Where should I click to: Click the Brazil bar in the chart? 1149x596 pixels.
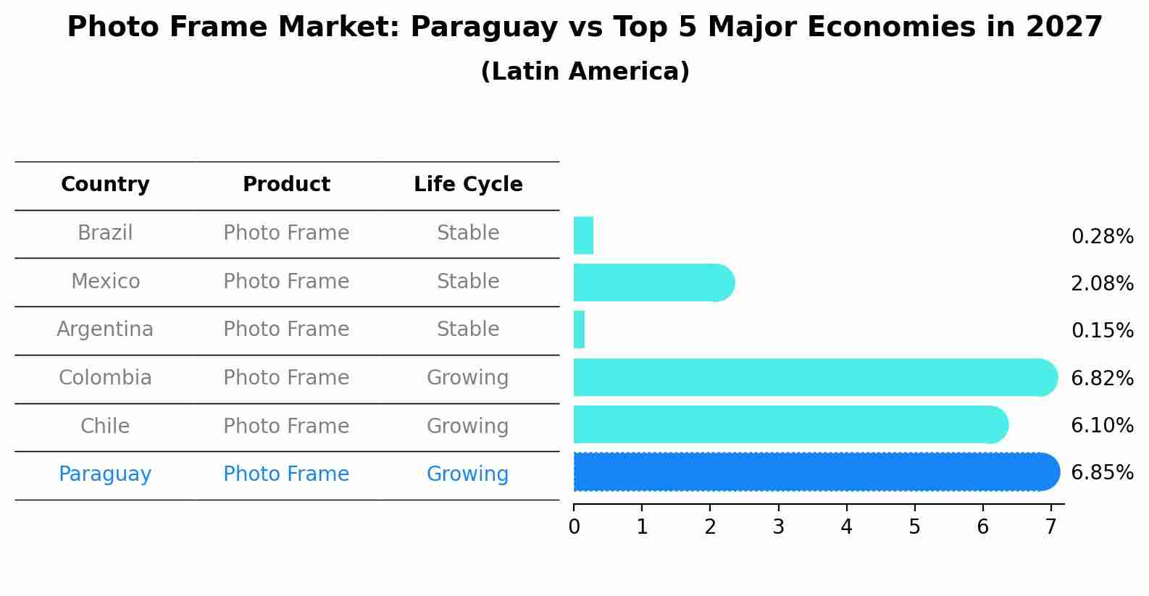[583, 235]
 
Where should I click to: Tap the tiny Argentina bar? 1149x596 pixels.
[579, 330]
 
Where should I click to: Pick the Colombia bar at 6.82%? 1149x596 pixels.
[811, 377]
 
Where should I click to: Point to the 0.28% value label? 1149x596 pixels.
[1102, 237]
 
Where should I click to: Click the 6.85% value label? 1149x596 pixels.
[1102, 473]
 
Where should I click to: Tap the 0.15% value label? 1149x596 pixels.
[1102, 331]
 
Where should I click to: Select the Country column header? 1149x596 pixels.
[105, 185]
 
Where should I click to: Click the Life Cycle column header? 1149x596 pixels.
[468, 185]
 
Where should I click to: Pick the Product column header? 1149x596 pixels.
[286, 185]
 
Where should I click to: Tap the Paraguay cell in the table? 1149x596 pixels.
[105, 474]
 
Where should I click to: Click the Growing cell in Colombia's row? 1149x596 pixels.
[467, 378]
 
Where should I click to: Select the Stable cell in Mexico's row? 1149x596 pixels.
[468, 281]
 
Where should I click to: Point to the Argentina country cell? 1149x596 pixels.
[105, 330]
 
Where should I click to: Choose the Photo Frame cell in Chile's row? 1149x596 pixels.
[286, 426]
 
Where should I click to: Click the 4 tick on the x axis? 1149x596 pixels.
[846, 526]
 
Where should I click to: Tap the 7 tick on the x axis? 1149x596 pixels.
[1050, 526]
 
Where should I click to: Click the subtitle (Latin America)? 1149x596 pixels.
[585, 72]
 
